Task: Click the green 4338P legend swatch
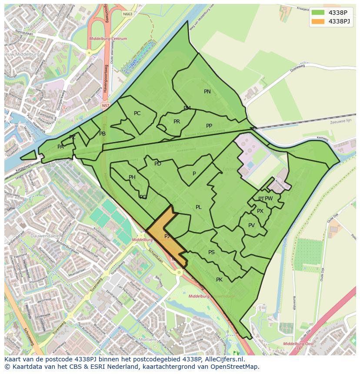tap(318, 13)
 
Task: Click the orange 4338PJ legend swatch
tap(318, 21)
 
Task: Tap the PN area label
tap(207, 92)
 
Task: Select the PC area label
tap(137, 113)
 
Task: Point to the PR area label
tap(177, 122)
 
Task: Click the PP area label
tap(209, 126)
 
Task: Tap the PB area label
tap(102, 134)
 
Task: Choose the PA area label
tap(60, 147)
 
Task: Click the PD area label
tap(158, 164)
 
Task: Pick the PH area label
tap(132, 177)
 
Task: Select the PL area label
tap(198, 207)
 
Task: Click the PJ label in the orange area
tap(167, 236)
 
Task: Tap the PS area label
tap(211, 252)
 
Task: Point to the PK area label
tap(219, 280)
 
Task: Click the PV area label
tap(251, 225)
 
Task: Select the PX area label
tap(260, 211)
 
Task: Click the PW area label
tap(269, 199)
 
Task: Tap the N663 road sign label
tap(127, 14)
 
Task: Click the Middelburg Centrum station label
tap(108, 39)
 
